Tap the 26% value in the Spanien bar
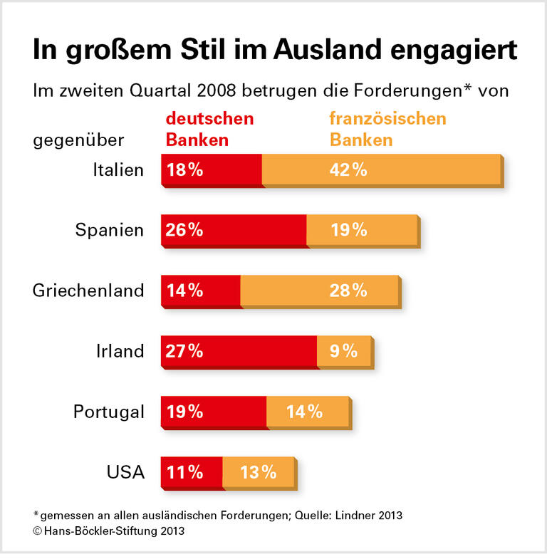click(x=184, y=230)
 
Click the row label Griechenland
click(x=88, y=291)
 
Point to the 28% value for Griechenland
click(x=348, y=291)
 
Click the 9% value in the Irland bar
click(x=343, y=351)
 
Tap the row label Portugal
click(x=109, y=412)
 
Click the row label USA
click(x=125, y=472)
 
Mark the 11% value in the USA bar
click(x=184, y=472)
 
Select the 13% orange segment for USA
click(x=258, y=472)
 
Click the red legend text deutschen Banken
click(x=209, y=129)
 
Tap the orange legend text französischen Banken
click(x=387, y=129)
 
